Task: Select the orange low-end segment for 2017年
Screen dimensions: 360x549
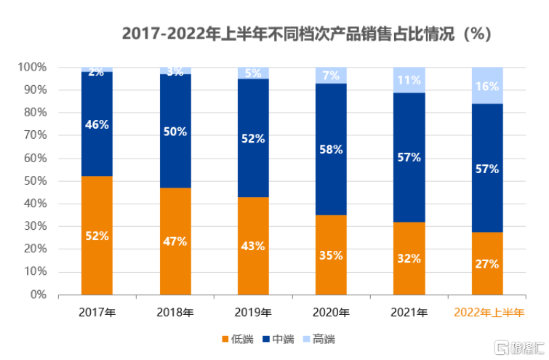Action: coord(97,211)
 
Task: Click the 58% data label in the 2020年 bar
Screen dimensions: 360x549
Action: coord(332,149)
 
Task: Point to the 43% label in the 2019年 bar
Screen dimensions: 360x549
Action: coord(253,246)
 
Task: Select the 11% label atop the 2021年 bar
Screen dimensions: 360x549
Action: coord(409,80)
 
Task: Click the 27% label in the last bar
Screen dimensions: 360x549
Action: coord(487,263)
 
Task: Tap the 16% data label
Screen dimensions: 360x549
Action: coord(487,87)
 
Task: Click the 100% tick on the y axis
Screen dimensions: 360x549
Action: coord(32,68)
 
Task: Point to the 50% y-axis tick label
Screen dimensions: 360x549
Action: coord(35,181)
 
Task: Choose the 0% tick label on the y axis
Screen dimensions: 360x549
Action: coord(38,295)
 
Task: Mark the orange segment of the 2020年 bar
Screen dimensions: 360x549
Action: coord(332,255)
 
